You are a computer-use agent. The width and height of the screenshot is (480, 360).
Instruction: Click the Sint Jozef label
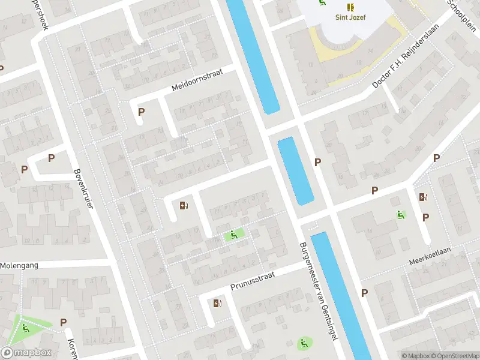coord(349,17)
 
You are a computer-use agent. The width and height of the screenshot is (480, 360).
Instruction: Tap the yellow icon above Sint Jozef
coord(350,7)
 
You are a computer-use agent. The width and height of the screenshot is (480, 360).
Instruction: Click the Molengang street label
coord(19,265)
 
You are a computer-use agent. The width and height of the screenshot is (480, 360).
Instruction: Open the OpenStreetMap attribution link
coord(454,356)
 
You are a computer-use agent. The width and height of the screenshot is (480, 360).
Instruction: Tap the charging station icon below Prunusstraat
coord(217,303)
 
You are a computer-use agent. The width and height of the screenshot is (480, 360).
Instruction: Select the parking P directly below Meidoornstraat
coord(141,112)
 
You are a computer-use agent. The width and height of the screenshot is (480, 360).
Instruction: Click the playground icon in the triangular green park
coord(25,328)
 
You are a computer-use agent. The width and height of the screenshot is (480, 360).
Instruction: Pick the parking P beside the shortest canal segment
coord(317,162)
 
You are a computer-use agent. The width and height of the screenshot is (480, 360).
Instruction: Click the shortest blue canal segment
coord(295,170)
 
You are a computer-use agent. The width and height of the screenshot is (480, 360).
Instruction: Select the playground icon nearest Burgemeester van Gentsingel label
coord(304,343)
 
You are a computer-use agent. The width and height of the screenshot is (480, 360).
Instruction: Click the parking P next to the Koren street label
coord(63,322)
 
